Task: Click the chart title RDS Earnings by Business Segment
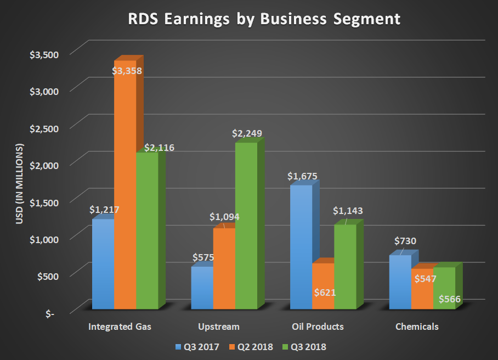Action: (264, 19)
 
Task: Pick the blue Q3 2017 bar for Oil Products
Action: (301, 247)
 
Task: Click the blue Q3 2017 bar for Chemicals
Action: (400, 283)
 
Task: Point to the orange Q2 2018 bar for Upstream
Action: (224, 269)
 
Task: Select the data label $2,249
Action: (247, 133)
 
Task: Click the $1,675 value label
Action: (302, 176)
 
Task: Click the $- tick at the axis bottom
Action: (50, 313)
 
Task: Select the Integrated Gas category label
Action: (120, 327)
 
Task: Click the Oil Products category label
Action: (318, 327)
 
